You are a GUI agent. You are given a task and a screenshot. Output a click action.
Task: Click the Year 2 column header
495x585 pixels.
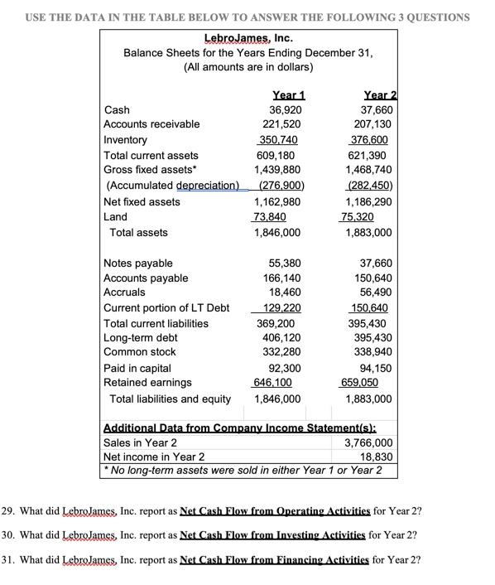pos(377,94)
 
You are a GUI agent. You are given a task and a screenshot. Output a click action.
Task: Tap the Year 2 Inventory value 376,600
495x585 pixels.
pos(372,140)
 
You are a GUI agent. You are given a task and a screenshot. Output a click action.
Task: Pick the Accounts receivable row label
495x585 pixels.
pos(151,124)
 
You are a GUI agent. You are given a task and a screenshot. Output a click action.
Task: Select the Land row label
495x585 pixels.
pos(116,216)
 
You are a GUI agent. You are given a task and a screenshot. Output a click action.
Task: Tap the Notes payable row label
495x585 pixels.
pos(138,263)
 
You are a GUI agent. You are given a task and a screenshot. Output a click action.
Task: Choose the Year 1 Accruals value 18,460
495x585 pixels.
pos(284,292)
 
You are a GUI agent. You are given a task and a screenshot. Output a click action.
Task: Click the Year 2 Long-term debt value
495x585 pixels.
pos(372,337)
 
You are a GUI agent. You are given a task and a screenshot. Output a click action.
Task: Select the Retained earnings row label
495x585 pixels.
pos(147,382)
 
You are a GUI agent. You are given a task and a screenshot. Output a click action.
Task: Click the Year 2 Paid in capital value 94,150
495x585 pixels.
pos(375,367)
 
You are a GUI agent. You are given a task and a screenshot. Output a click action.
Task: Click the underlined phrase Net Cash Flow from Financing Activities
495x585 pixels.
pos(274,559)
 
